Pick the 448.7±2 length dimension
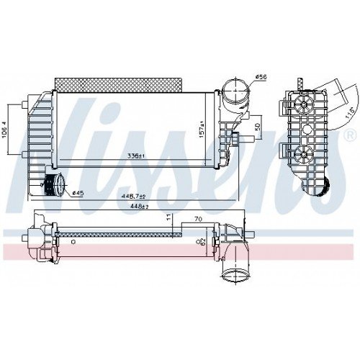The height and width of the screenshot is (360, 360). [x=134, y=196]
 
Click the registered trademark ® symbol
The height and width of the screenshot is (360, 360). [x=350, y=135]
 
